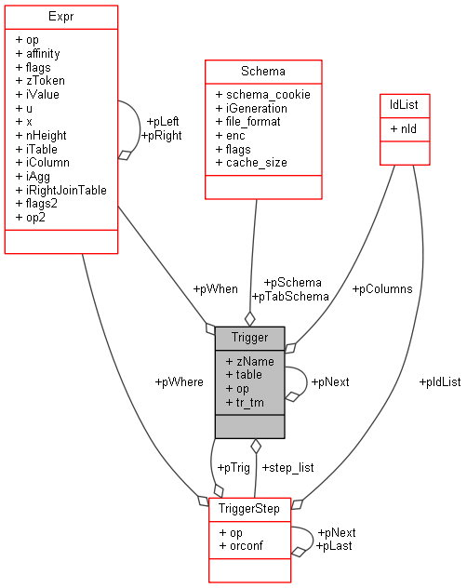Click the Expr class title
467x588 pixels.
tap(61, 17)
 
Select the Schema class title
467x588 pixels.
tap(263, 71)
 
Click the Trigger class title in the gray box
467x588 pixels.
tap(249, 337)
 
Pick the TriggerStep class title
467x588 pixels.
tap(249, 510)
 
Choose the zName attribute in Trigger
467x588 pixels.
tap(253, 360)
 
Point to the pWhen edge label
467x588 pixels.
tap(215, 288)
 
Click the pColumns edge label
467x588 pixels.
tap(381, 288)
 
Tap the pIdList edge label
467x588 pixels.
tap(439, 381)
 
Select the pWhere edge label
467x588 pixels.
tap(179, 381)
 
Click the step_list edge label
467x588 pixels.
tap(287, 467)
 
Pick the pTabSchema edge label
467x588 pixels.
tap(290, 296)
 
